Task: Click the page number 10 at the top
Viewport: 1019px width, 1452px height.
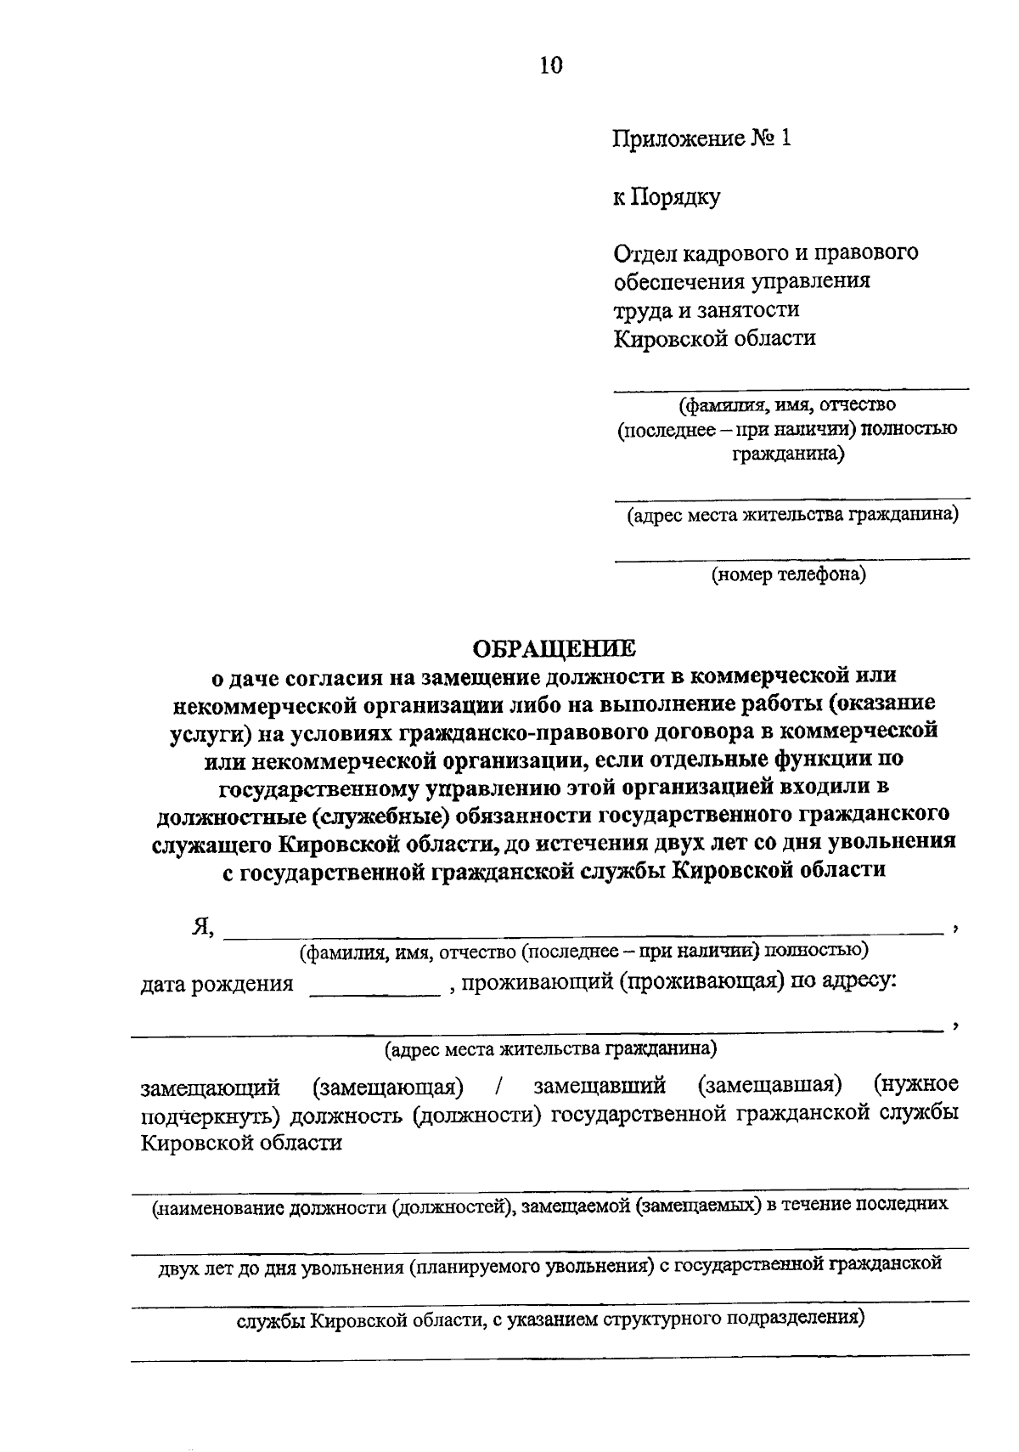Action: pyautogui.click(x=550, y=65)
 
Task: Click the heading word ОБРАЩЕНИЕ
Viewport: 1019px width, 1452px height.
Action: pyautogui.click(x=553, y=648)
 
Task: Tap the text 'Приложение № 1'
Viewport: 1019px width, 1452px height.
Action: pyautogui.click(x=701, y=138)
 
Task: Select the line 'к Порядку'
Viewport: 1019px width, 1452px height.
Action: pyautogui.click(x=667, y=197)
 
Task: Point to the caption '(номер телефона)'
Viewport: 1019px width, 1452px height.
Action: pyautogui.click(x=789, y=575)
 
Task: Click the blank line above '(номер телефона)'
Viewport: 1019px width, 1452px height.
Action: pyautogui.click(x=791, y=557)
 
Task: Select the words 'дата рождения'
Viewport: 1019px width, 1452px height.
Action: pyautogui.click(x=217, y=984)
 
